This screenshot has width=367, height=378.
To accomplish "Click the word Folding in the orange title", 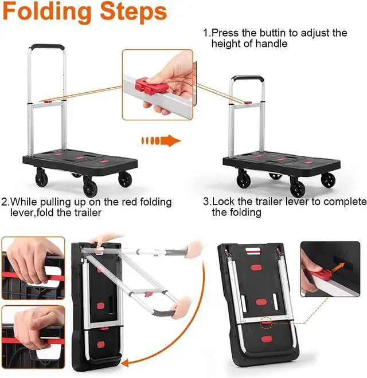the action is pos(47,13).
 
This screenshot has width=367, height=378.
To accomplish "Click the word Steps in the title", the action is pos(134,12).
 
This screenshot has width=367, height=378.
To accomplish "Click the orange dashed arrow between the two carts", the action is pos(161,140).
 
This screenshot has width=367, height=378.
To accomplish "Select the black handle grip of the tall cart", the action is pos(48,46).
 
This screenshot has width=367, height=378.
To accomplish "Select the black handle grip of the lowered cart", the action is pos(248,78).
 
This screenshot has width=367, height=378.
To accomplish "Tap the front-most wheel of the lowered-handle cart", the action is pos(298,187).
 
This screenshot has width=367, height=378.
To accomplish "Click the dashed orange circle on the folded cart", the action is pos(266,323).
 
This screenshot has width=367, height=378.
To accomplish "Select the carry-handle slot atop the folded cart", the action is pos(253,250).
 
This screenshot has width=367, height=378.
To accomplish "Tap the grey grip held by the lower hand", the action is pos(164,313).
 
